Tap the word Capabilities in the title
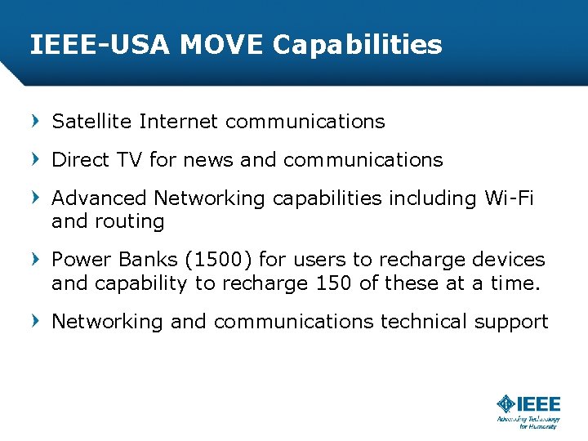click(x=357, y=44)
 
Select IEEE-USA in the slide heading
click(x=100, y=44)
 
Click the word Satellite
click(x=91, y=122)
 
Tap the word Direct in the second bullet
click(x=78, y=160)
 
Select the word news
click(x=208, y=160)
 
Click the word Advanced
click(x=99, y=198)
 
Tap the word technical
click(x=423, y=322)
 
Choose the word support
click(x=511, y=322)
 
